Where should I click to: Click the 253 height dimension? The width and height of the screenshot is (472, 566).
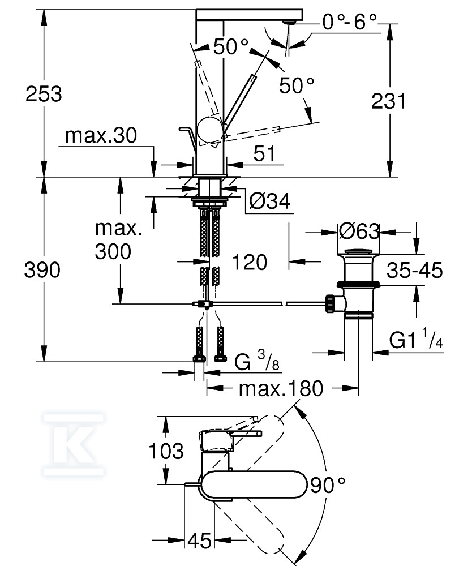click(x=44, y=93)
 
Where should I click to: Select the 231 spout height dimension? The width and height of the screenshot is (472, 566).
click(x=388, y=101)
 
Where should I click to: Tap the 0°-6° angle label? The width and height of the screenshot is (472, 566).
click(x=349, y=22)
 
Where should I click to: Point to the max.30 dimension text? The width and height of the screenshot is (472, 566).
click(x=101, y=136)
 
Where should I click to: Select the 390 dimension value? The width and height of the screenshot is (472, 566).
click(x=42, y=270)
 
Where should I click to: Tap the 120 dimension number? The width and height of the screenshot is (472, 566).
click(x=249, y=261)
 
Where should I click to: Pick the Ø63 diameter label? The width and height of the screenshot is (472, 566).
click(x=358, y=231)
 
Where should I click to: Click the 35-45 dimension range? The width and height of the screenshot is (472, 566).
click(x=414, y=271)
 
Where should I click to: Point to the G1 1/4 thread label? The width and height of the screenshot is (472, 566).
click(x=414, y=340)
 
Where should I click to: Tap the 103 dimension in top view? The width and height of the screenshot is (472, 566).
click(x=165, y=451)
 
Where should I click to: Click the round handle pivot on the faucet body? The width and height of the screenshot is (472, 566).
click(x=210, y=128)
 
